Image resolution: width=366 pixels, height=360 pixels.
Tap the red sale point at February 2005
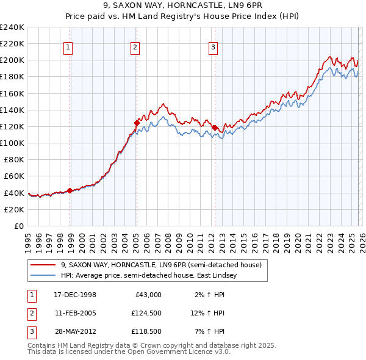tap(137, 123)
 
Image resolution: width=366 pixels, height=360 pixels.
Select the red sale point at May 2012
tap(215, 128)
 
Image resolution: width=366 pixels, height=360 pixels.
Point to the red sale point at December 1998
tap(70, 190)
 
